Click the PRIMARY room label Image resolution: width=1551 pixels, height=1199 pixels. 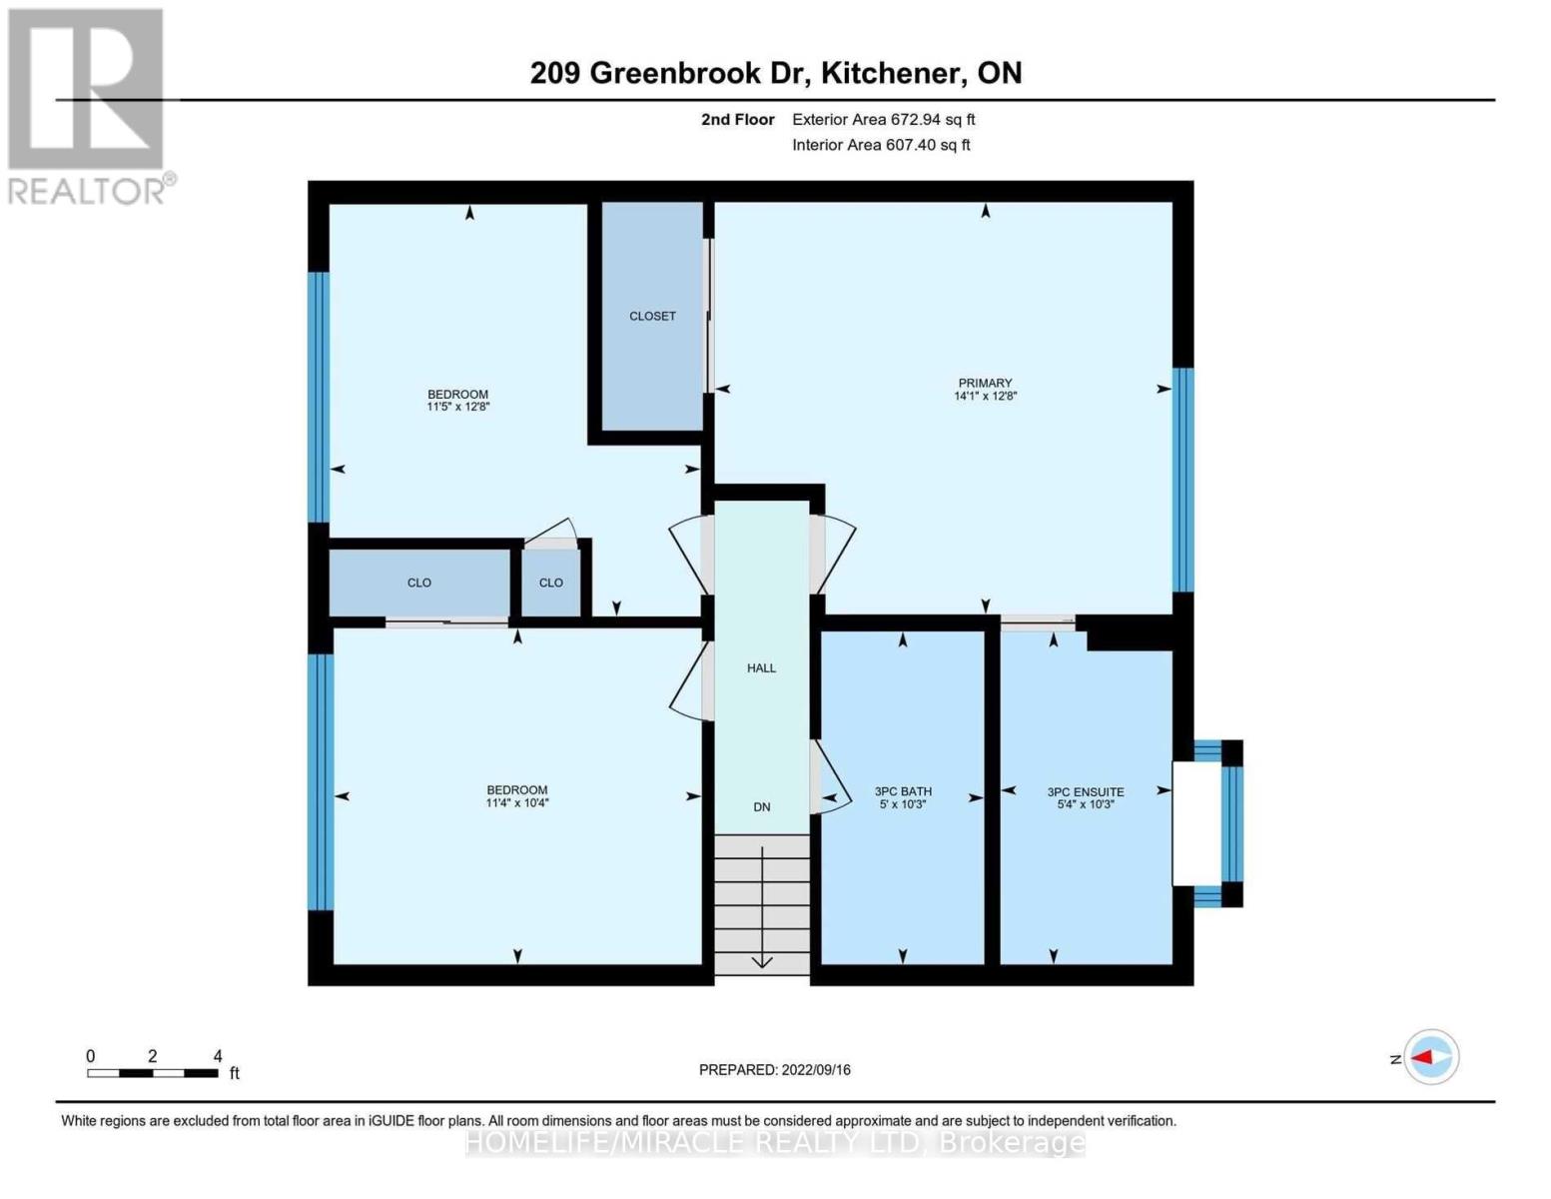point(985,383)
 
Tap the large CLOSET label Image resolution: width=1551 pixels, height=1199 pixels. point(652,316)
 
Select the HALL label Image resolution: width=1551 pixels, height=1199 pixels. point(761,667)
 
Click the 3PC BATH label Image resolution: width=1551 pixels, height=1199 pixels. point(903,791)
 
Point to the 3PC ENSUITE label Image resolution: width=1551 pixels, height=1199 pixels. point(1086,791)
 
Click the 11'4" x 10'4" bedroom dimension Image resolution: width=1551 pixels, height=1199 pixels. point(517,802)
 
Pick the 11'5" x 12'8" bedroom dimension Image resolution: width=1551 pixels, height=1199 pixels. point(458,407)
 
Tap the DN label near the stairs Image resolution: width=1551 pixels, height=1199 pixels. point(762,806)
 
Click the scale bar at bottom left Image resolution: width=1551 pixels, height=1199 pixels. point(153,1073)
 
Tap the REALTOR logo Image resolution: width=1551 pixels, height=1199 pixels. point(88,105)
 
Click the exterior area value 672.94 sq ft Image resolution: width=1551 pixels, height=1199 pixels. point(933,119)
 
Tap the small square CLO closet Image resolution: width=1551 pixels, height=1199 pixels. point(551,583)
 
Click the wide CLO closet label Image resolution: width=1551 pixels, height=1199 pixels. point(419,583)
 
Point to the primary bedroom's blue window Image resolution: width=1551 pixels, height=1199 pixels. point(1182,480)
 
